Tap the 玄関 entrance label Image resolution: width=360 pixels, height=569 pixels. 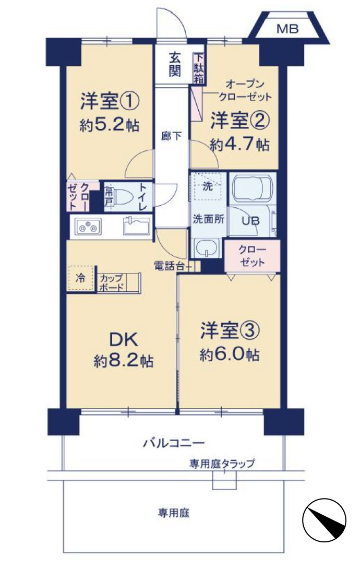[x=175, y=65]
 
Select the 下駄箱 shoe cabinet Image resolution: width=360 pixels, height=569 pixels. [x=198, y=68]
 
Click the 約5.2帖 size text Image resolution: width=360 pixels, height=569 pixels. [x=109, y=125]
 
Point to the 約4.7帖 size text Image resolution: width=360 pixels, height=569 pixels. [x=239, y=145]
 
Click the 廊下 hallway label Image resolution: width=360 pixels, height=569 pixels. [x=171, y=136]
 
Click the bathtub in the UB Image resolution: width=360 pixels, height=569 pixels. [x=251, y=188]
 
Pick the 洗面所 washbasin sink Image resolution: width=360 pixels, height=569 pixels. [x=206, y=248]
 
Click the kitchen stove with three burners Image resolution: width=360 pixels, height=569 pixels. [x=88, y=227]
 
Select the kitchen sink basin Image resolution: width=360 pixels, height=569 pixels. [x=137, y=226]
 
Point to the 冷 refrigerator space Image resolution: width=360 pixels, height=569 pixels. [x=81, y=278]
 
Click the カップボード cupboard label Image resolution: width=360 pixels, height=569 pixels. [x=112, y=282]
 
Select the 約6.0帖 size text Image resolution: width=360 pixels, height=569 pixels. [x=230, y=354]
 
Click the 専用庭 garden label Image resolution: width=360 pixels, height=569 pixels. [x=174, y=513]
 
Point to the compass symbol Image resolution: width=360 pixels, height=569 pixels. [x=324, y=519]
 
